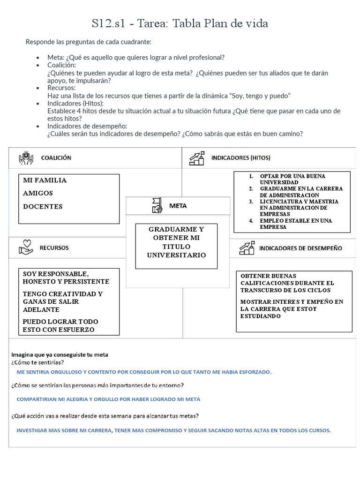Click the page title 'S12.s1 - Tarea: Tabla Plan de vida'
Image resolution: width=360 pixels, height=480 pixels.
tap(180, 23)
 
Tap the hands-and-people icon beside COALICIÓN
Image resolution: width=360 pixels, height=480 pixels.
tap(26, 158)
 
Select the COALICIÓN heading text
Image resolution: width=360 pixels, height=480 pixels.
tap(56, 158)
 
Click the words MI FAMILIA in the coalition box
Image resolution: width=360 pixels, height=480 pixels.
tap(45, 180)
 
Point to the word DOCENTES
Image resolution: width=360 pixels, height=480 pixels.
tap(43, 207)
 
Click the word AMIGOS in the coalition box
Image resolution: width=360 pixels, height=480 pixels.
tap(38, 193)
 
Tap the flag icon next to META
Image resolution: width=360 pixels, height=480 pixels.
tap(157, 205)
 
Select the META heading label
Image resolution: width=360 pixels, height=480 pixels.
tap(178, 206)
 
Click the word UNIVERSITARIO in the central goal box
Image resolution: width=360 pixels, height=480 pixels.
tap(176, 255)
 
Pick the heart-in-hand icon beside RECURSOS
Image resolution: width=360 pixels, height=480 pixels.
tap(26, 247)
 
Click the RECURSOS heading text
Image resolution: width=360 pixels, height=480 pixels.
tap(54, 247)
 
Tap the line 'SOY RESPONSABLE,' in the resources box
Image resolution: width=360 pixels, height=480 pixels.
tap(56, 274)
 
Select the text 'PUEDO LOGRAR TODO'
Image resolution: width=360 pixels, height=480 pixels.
tap(60, 322)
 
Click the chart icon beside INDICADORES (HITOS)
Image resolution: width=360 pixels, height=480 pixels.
tap(197, 158)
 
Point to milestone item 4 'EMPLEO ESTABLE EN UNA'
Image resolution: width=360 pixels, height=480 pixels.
tap(296, 221)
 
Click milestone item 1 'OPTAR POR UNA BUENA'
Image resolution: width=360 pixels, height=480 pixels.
tap(292, 176)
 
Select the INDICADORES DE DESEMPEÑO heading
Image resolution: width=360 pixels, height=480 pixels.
tap(300, 248)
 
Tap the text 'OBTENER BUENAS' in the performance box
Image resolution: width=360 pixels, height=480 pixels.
tap(269, 276)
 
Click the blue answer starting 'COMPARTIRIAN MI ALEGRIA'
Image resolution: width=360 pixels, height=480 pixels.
tap(108, 399)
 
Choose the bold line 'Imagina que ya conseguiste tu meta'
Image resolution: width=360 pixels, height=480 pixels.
tap(60, 355)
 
